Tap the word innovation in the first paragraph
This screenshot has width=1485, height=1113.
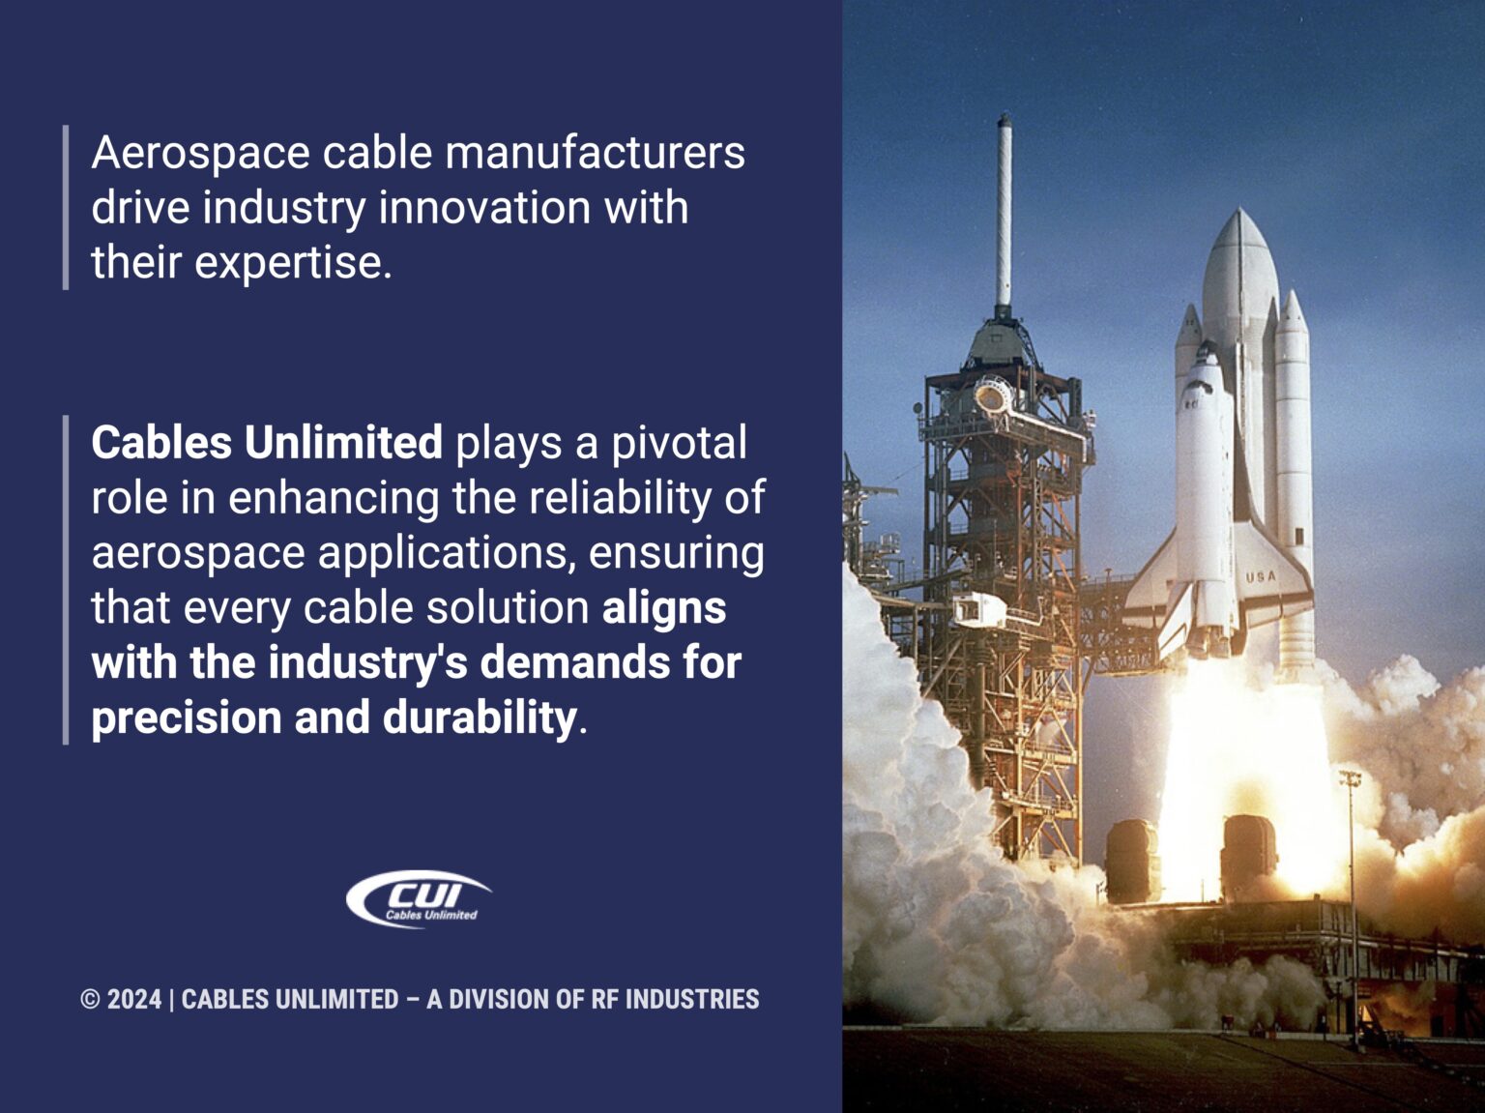click(x=483, y=208)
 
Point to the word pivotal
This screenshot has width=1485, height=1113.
click(x=679, y=443)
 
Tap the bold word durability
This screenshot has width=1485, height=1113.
click(x=480, y=718)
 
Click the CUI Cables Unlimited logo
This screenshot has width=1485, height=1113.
click(x=418, y=899)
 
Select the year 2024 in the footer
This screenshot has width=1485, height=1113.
click(x=134, y=1000)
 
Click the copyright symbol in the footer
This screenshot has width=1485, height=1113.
click(x=90, y=1000)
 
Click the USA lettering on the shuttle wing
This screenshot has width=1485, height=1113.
click(x=1261, y=577)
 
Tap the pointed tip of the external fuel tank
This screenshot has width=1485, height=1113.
click(x=1238, y=215)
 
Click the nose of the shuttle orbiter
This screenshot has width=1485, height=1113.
click(x=1207, y=350)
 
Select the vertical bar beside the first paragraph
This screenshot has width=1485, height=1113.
click(x=66, y=207)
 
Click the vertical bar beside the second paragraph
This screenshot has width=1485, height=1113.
click(x=66, y=579)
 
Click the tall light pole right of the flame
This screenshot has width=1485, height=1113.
click(x=1353, y=899)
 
